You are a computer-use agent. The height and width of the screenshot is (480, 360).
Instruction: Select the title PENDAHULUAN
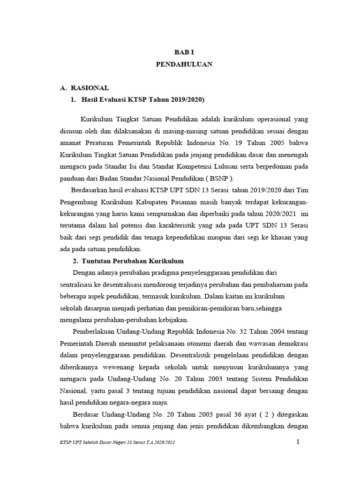point(184,65)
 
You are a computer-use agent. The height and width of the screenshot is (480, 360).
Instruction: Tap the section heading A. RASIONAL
point(85,88)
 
